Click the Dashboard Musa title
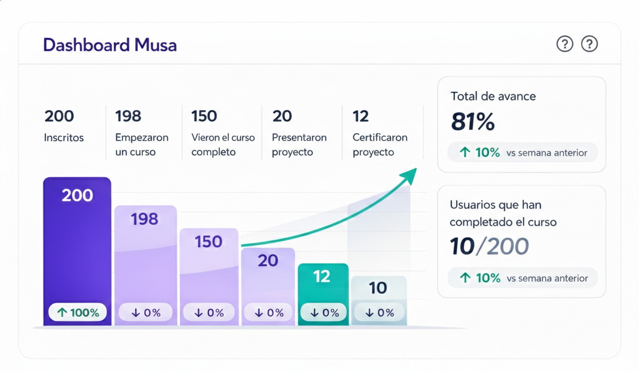(x=110, y=45)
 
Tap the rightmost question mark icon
(x=589, y=44)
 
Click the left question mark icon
(x=565, y=44)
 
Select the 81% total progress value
(x=473, y=122)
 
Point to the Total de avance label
(x=493, y=96)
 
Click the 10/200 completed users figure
(x=489, y=247)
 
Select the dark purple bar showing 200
(x=77, y=246)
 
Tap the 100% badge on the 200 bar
(x=78, y=313)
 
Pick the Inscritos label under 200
(x=64, y=138)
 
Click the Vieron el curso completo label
(x=223, y=145)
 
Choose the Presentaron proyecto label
(x=299, y=145)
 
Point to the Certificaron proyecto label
(x=380, y=145)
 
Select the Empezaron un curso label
(x=142, y=145)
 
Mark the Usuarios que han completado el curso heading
(x=503, y=214)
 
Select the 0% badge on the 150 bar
(x=209, y=313)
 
